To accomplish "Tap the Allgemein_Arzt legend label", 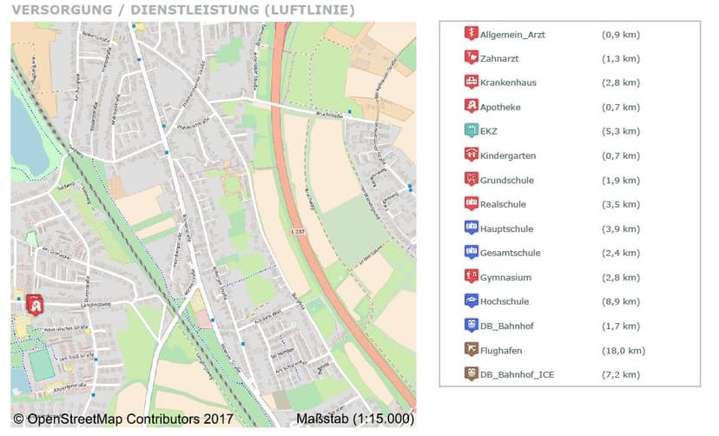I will click(512, 35).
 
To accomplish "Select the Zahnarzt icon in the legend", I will click(471, 58).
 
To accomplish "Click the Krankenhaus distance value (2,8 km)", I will click(620, 83).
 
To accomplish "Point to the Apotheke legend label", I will click(500, 108).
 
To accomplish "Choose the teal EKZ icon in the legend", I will click(471, 131).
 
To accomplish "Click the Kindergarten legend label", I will click(507, 156).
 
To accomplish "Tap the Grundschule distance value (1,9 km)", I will click(620, 181).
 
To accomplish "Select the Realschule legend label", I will click(503, 205).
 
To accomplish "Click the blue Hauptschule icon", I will click(471, 228).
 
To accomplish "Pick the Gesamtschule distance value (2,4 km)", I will click(620, 254).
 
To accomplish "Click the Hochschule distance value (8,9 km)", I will click(620, 302).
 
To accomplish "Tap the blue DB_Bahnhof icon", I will click(471, 326).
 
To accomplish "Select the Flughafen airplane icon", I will click(471, 350).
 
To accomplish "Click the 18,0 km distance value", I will click(623, 351).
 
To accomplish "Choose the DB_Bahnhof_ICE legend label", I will click(518, 375).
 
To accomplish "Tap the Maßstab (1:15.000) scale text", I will click(354, 420).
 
